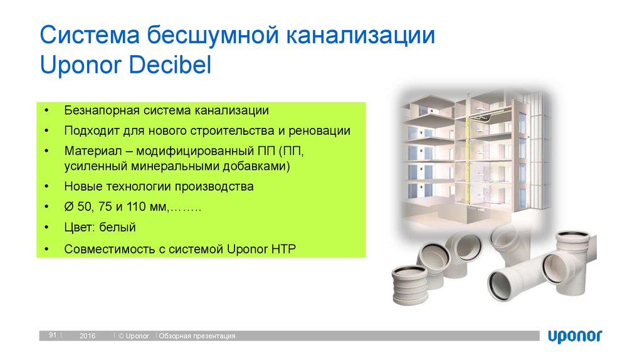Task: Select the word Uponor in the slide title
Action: point(82,65)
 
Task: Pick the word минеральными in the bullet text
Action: point(177,166)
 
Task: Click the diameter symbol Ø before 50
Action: point(68,207)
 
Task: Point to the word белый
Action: point(122,227)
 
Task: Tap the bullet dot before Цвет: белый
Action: point(47,228)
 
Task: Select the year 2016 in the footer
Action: point(87,337)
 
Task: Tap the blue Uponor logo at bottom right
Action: point(574,336)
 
